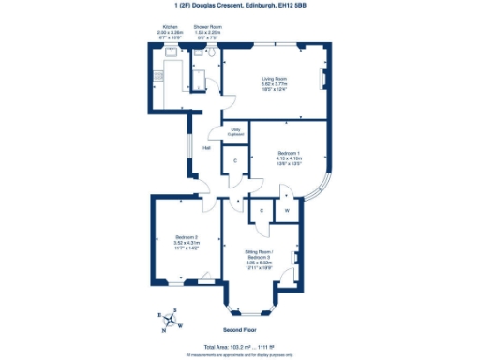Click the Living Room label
click(273, 79)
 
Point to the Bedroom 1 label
click(289, 153)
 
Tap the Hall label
click(205, 147)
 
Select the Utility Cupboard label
click(235, 131)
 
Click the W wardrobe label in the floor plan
click(287, 211)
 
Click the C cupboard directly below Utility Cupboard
click(234, 161)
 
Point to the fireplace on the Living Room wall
click(323, 78)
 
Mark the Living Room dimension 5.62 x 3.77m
click(273, 84)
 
